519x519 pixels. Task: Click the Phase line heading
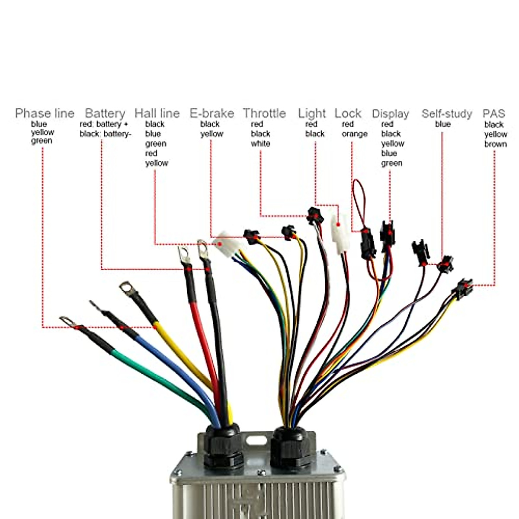[45, 113]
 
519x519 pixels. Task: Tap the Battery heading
[105, 113]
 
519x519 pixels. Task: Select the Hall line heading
[157, 113]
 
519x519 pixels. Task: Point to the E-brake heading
[211, 113]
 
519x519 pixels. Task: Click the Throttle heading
[264, 113]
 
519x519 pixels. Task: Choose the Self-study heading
[447, 114]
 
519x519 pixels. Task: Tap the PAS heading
[493, 114]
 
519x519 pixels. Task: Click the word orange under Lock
[354, 134]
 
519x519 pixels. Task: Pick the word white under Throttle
[260, 144]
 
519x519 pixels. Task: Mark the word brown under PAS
[495, 144]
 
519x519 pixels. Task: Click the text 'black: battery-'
[105, 134]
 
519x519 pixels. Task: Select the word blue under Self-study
[442, 124]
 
